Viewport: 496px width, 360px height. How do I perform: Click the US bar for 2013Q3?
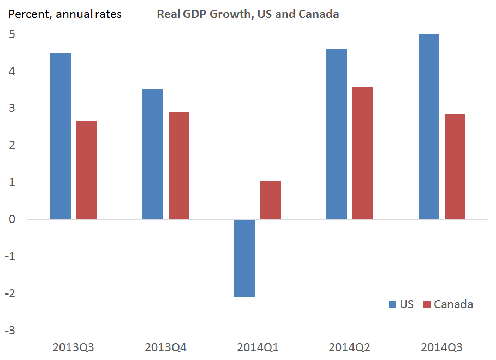(x=61, y=136)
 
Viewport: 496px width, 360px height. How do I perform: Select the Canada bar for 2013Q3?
(x=87, y=170)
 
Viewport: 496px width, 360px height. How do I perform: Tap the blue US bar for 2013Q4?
(x=152, y=154)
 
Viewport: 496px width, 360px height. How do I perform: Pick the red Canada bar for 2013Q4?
(x=178, y=166)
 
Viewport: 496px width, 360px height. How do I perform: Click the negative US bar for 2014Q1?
(x=244, y=258)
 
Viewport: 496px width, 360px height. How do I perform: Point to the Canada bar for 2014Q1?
(x=271, y=200)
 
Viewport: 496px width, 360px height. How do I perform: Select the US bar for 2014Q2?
(x=337, y=134)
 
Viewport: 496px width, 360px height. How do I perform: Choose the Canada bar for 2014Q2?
(x=363, y=153)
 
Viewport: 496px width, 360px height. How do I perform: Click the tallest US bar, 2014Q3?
(x=428, y=127)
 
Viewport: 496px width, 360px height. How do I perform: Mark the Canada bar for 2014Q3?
(x=455, y=166)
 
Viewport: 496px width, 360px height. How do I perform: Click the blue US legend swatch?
(x=393, y=304)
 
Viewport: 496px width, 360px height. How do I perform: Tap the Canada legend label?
(x=453, y=304)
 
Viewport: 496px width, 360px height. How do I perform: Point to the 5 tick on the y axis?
(x=10, y=34)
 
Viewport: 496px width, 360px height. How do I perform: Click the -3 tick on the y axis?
(x=9, y=331)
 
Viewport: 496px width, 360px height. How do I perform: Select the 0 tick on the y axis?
(x=10, y=219)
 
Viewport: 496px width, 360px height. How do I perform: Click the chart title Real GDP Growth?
(x=248, y=14)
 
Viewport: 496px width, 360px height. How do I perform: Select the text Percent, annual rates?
(x=64, y=14)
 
